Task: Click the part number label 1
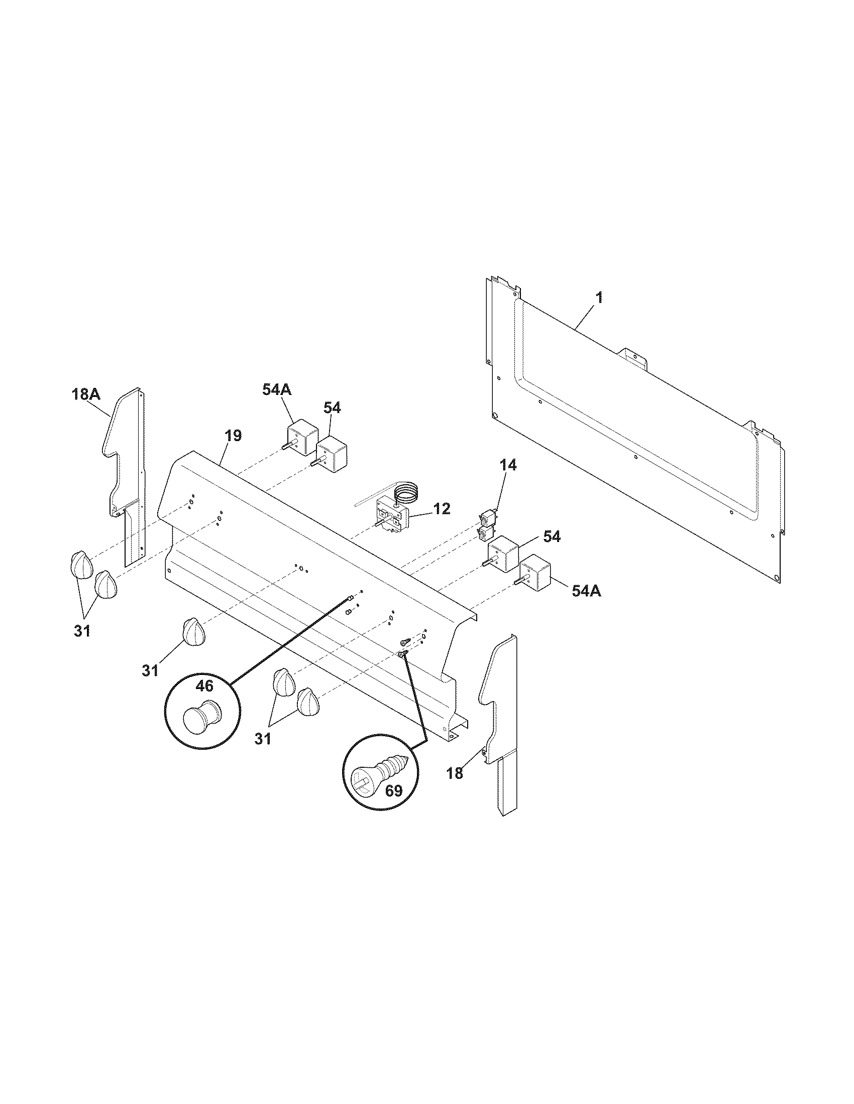click(x=599, y=298)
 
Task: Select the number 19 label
click(x=233, y=436)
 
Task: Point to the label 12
click(x=442, y=508)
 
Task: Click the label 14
click(x=509, y=466)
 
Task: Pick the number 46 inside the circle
click(x=204, y=686)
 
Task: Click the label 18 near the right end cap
click(x=455, y=773)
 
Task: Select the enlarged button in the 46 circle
click(x=201, y=715)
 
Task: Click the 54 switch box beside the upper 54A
click(x=332, y=453)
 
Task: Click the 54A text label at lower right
click(x=586, y=591)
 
